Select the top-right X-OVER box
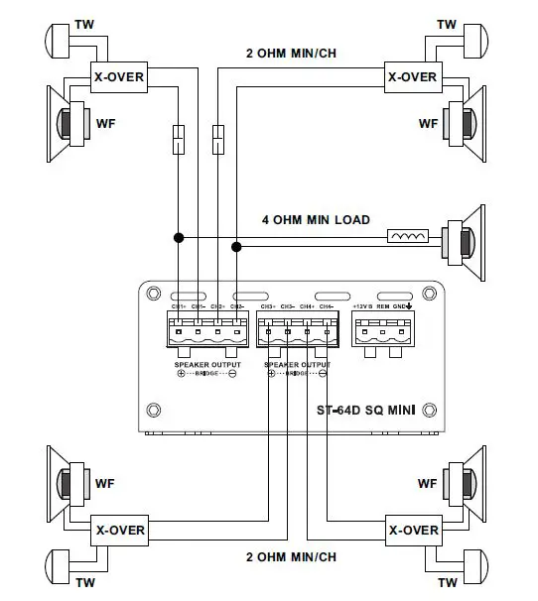(411, 76)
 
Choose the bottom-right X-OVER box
(411, 531)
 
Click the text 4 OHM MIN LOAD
(316, 219)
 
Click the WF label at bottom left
(106, 484)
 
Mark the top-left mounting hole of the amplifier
(152, 294)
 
